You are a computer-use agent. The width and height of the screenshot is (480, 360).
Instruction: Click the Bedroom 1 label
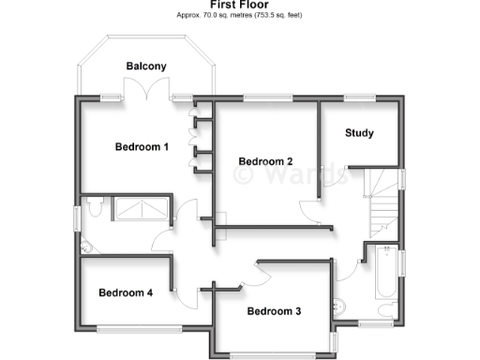click(142, 146)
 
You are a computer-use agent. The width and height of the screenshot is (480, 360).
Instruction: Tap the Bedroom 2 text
click(265, 161)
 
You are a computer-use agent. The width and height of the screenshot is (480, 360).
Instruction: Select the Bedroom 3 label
click(274, 311)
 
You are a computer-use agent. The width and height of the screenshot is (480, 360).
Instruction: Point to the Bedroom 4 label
click(126, 292)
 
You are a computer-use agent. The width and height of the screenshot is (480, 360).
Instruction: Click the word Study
click(359, 133)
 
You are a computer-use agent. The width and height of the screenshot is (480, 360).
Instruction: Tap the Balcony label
click(146, 66)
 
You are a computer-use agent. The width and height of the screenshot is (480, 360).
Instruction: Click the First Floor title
click(239, 5)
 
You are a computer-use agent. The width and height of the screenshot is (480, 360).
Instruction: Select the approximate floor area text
click(239, 16)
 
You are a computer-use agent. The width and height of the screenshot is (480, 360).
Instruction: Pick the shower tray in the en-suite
click(142, 208)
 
